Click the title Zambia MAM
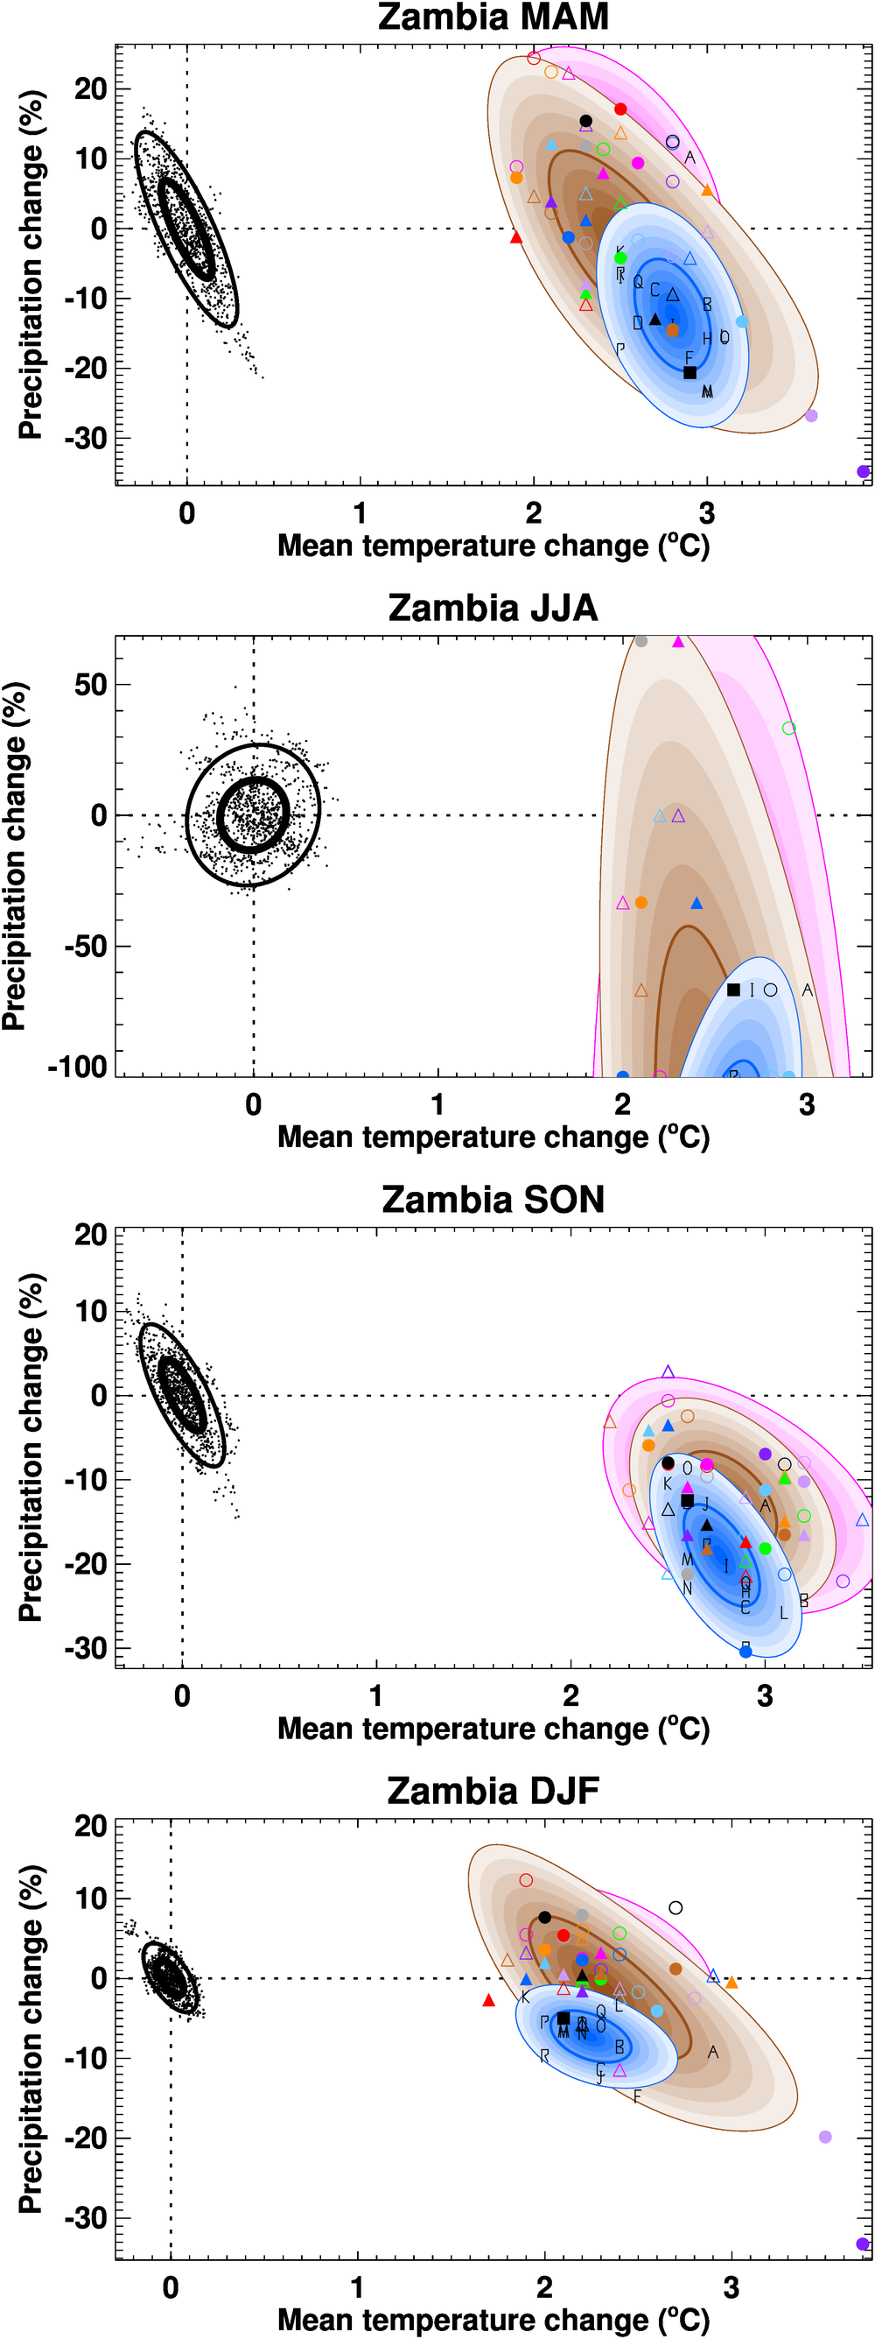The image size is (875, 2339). pos(493,18)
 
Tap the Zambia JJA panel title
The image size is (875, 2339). pos(493,609)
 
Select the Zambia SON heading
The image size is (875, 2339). pos(493,1200)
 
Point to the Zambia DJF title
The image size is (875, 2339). pos(493,1791)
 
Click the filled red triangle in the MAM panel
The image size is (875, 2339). pos(516,237)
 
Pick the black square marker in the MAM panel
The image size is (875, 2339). pos(689,372)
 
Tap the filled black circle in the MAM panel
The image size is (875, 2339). pos(585,121)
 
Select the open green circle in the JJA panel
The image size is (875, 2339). pos(788,729)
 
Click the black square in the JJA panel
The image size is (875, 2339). pos(733,990)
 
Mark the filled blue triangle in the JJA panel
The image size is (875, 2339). pos(697,904)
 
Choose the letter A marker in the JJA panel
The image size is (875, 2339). pos(807,990)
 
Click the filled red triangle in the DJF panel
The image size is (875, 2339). pos(488,2000)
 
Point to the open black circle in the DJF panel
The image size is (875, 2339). pos(675,1907)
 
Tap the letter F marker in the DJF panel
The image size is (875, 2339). pos(637,2096)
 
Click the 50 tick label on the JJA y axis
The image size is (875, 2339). pos(91,686)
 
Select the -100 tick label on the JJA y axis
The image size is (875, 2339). pos(77,1067)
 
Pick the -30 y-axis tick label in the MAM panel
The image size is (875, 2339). pos(86,439)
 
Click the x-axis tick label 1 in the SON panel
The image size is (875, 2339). pos(375,1695)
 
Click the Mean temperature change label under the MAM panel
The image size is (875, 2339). pos(493,546)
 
